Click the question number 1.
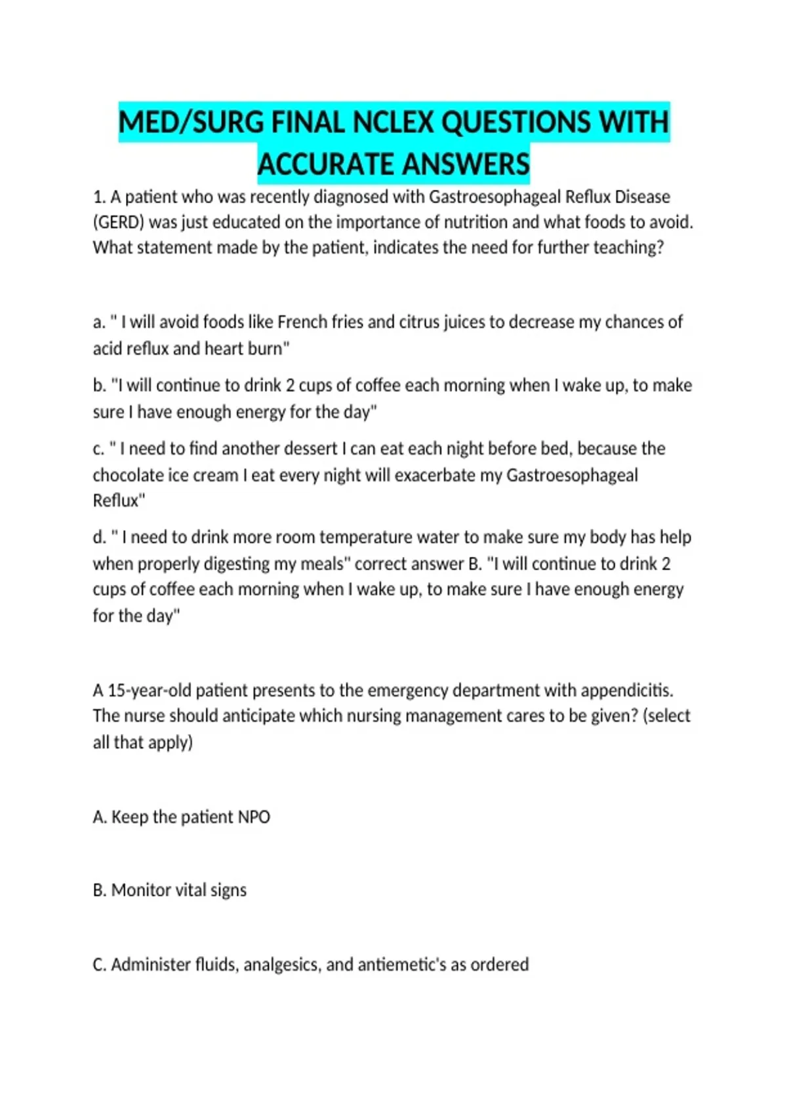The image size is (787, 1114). [99, 197]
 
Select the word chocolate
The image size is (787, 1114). [129, 474]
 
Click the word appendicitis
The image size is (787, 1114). [627, 690]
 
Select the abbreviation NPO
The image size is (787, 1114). [253, 816]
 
